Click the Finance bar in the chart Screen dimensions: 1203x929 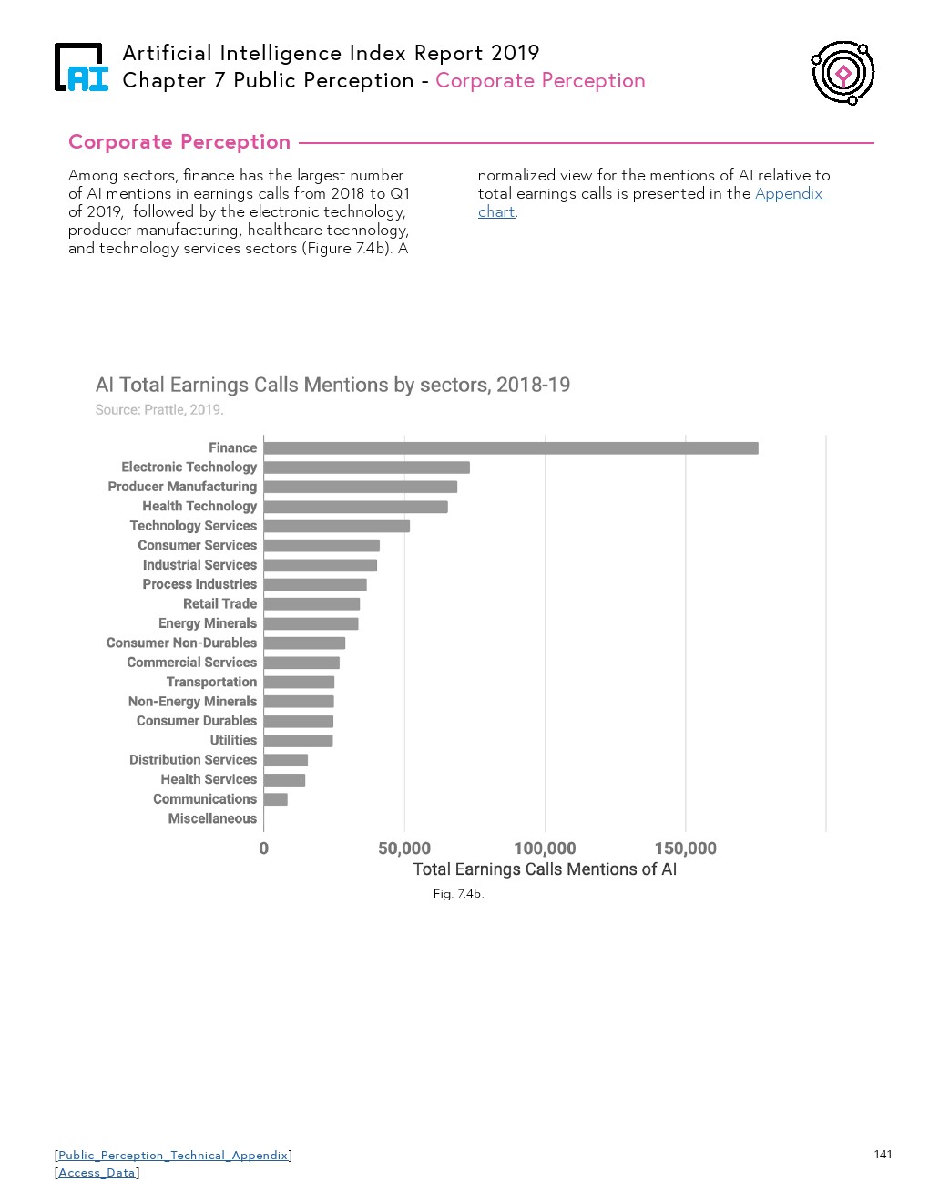pos(510,447)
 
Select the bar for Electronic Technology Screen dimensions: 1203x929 pos(366,468)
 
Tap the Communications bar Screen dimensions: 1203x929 pos(276,799)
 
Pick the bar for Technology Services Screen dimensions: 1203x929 pos(336,526)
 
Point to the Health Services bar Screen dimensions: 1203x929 pos(284,780)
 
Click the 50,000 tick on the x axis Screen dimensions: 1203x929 pos(404,848)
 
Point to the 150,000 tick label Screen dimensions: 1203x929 pos(685,848)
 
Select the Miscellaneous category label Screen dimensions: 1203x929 pos(212,818)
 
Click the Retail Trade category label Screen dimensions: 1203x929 pos(219,603)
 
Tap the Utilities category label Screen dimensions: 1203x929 pos(233,740)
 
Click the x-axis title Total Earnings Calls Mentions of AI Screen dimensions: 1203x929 pos(545,869)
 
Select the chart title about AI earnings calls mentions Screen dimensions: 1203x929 pos(332,385)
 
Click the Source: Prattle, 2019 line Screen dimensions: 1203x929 pos(159,410)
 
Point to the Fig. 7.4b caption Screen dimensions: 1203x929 pos(458,894)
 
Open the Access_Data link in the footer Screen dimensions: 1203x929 pos(97,1173)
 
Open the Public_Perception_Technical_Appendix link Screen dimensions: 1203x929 pos(173,1156)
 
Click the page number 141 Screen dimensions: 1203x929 pos(883,1155)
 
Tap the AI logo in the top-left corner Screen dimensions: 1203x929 pos(81,68)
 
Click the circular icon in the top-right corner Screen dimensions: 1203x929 pos(843,73)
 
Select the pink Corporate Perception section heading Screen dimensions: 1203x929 pos(179,142)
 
